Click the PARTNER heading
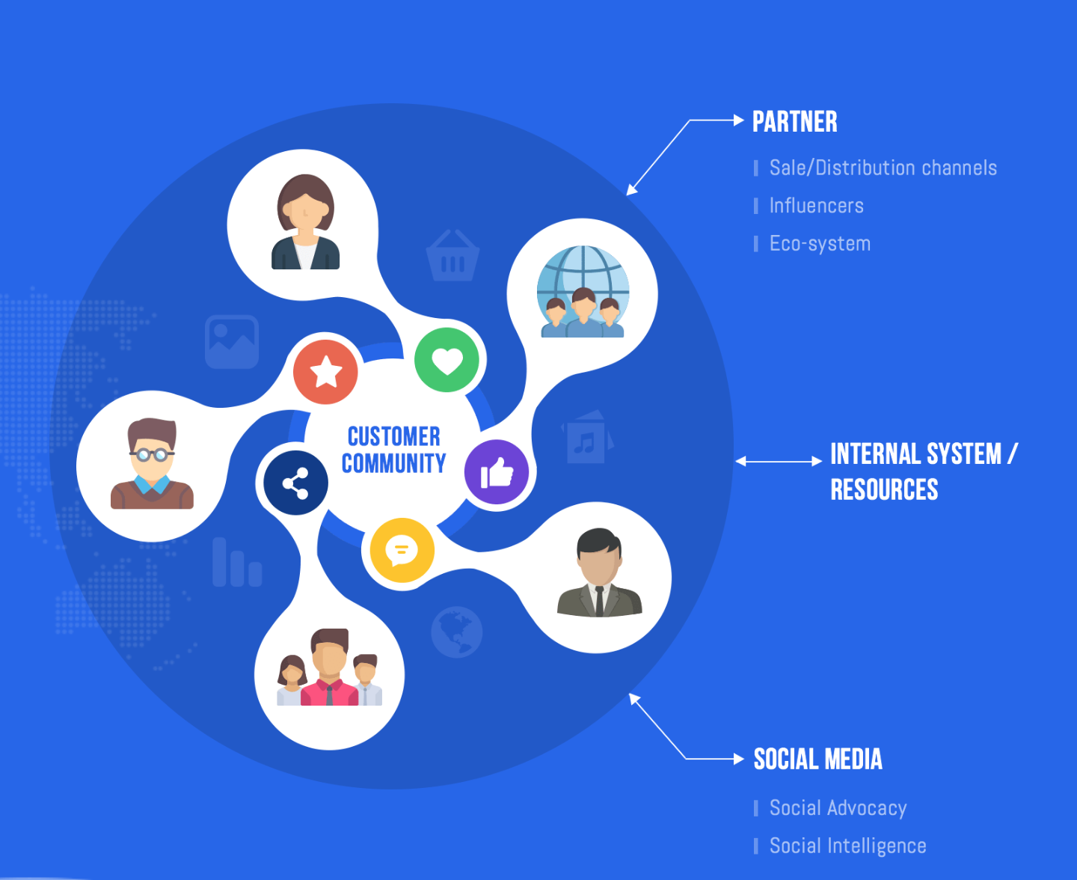pyautogui.click(x=794, y=122)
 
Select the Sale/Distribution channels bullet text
pyautogui.click(x=883, y=168)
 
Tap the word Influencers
pyautogui.click(x=816, y=206)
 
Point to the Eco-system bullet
pyautogui.click(x=820, y=244)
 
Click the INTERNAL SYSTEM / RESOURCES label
pyautogui.click(x=923, y=471)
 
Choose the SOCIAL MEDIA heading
pyautogui.click(x=817, y=760)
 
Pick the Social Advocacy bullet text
pyautogui.click(x=838, y=808)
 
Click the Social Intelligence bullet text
pyautogui.click(x=847, y=846)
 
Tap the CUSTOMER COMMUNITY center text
pyautogui.click(x=393, y=450)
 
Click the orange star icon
pyautogui.click(x=325, y=372)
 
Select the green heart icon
pyautogui.click(x=447, y=360)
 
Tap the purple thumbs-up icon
pyautogui.click(x=497, y=473)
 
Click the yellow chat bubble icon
pyautogui.click(x=402, y=551)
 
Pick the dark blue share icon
pyautogui.click(x=295, y=483)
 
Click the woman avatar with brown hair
pyautogui.click(x=305, y=222)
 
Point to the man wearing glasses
pyautogui.click(x=152, y=465)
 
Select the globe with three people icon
pyautogui.click(x=583, y=293)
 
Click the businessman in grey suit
pyautogui.click(x=599, y=573)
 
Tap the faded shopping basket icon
pyautogui.click(x=452, y=256)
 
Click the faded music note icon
pyautogui.click(x=586, y=438)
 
